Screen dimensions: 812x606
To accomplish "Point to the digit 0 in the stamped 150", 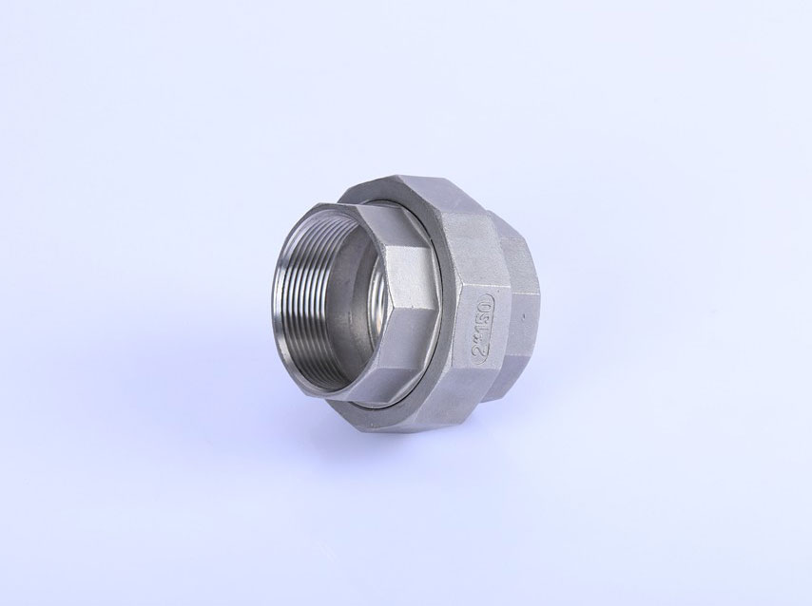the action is (x=484, y=302).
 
